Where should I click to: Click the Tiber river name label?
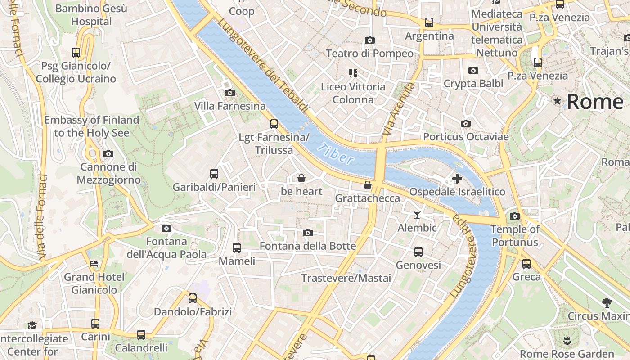click(x=335, y=153)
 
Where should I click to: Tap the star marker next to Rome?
click(x=558, y=101)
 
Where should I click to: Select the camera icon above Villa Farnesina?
click(x=230, y=93)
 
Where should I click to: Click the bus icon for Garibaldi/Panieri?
click(x=214, y=174)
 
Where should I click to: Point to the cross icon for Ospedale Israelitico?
click(x=457, y=179)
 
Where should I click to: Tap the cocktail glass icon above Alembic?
click(x=417, y=215)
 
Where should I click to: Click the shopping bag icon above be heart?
click(x=301, y=178)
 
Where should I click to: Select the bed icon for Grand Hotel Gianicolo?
click(x=94, y=264)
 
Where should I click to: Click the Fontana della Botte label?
click(x=308, y=246)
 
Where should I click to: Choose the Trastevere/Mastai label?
click(x=346, y=278)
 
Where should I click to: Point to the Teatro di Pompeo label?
click(x=369, y=54)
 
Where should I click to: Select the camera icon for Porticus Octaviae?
click(x=466, y=124)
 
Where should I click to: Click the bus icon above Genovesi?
click(x=418, y=252)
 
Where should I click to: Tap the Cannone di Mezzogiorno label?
click(x=108, y=173)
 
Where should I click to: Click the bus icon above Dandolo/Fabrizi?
click(x=193, y=298)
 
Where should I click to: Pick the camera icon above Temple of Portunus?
click(x=515, y=216)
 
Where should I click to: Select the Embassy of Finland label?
click(x=92, y=126)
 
